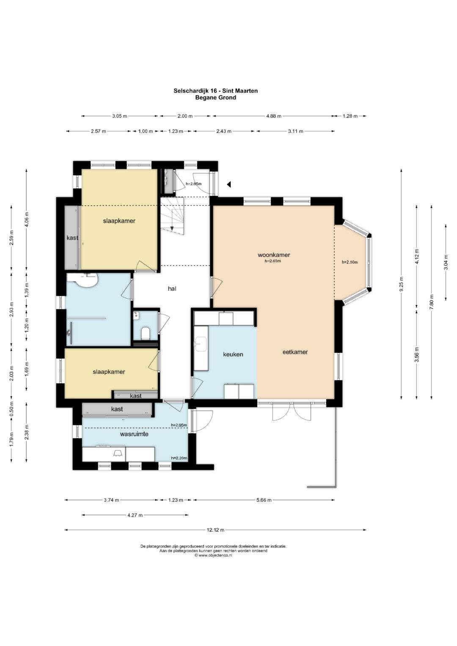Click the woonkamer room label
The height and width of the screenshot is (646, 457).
point(273,255)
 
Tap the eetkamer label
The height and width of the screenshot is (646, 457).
point(295,352)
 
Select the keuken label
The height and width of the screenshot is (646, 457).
point(233,354)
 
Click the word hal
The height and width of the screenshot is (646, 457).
point(172,289)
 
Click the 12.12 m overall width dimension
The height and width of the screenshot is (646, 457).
point(215,530)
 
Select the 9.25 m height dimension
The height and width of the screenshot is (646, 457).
point(401,284)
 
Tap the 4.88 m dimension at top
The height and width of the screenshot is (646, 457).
point(273,116)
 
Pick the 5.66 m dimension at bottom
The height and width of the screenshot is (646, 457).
point(264,500)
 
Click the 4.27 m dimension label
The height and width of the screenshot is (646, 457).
point(135,515)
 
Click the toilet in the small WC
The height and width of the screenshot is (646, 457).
point(146,333)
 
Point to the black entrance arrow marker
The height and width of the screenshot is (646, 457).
point(229,184)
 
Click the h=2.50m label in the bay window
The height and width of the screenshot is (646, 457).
point(350,262)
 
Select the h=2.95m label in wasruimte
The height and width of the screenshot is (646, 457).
point(179,425)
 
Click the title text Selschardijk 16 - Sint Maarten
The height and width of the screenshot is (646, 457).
point(215,91)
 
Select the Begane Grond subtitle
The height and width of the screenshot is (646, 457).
point(215,97)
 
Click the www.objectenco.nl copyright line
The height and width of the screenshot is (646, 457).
point(213,555)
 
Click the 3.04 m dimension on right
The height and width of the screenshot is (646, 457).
point(446,262)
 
